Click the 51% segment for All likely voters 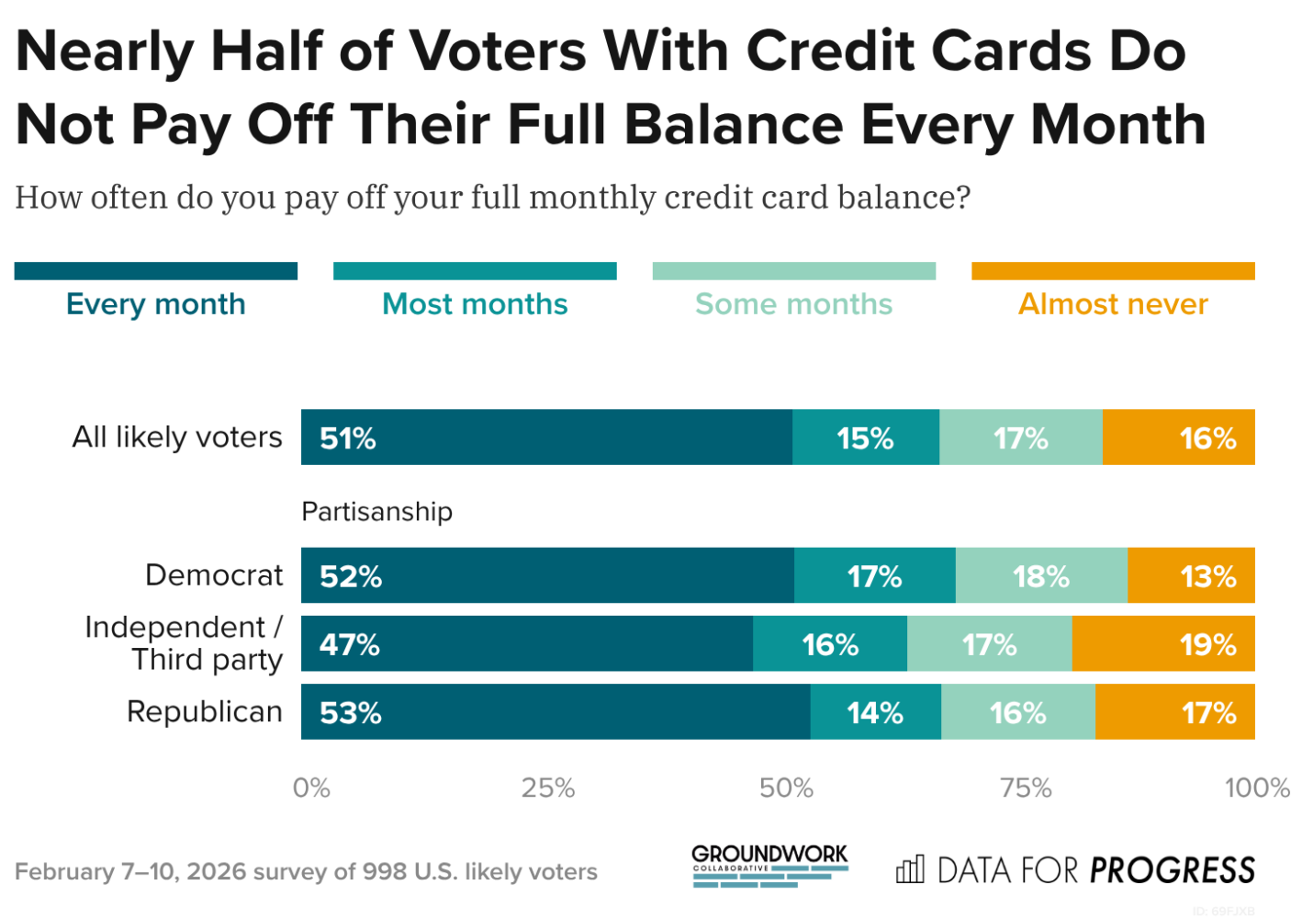(x=546, y=437)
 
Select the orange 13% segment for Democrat (x=1191, y=576)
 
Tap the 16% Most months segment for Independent (x=830, y=644)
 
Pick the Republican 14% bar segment (x=875, y=712)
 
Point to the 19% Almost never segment (x=1163, y=644)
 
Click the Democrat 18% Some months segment (x=1041, y=576)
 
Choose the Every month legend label (x=156, y=304)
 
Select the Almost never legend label (x=1113, y=304)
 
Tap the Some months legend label (x=793, y=304)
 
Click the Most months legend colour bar (x=475, y=271)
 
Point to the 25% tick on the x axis (x=548, y=788)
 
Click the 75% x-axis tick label (x=1026, y=788)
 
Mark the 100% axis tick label (x=1257, y=788)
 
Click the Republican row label (x=204, y=711)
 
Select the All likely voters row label (x=177, y=437)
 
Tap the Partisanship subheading (x=376, y=511)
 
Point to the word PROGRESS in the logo (x=1173, y=870)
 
